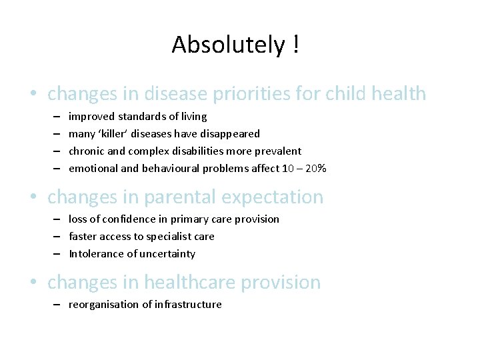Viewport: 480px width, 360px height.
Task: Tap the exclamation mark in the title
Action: click(294, 45)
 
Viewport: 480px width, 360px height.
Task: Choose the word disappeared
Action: click(231, 134)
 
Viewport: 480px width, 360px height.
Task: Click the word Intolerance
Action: click(95, 254)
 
